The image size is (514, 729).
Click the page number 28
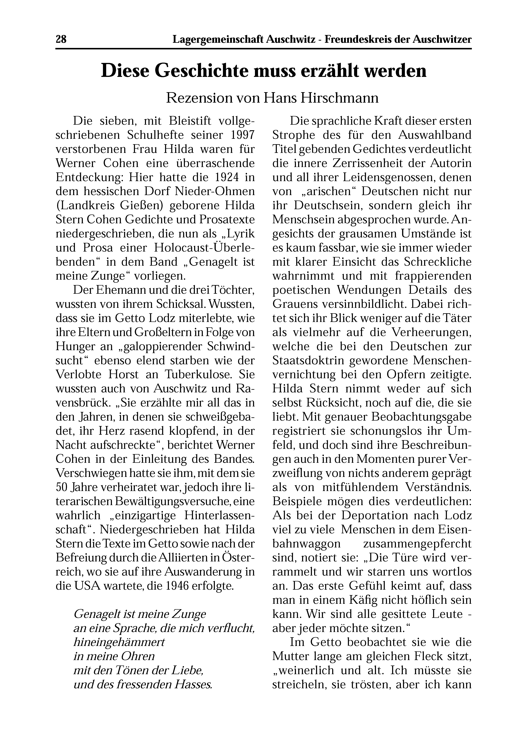(x=61, y=39)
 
